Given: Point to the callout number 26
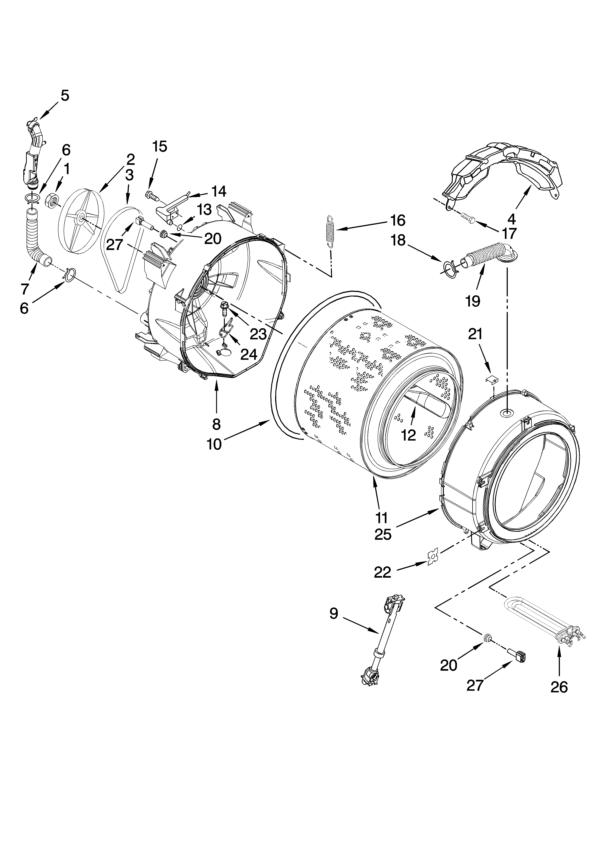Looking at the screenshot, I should [559, 687].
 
